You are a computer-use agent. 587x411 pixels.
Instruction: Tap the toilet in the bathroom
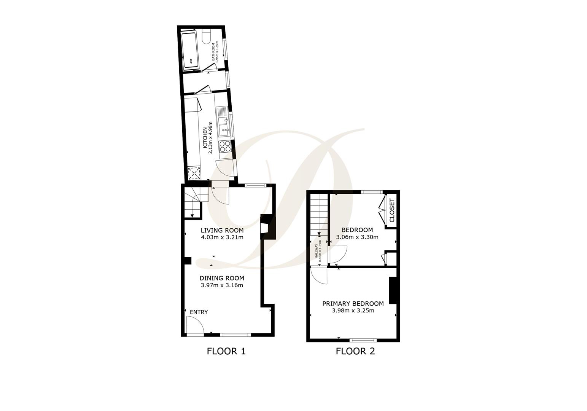[206, 37]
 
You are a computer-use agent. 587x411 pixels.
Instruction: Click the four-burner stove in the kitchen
[225, 146]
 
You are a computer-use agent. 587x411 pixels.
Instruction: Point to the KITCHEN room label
[205, 138]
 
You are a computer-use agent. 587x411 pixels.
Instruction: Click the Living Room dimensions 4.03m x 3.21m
[222, 237]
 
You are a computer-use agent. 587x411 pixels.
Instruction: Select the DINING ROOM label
[222, 278]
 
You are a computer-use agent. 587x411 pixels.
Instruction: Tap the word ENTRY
[199, 312]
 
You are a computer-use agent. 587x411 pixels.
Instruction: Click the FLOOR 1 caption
[226, 351]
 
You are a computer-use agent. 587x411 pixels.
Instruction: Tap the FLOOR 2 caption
[355, 351]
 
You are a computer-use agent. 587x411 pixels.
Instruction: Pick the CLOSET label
[392, 210]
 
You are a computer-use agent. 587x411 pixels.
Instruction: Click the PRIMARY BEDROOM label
[353, 303]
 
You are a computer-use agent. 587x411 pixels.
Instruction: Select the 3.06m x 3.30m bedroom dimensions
[357, 237]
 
